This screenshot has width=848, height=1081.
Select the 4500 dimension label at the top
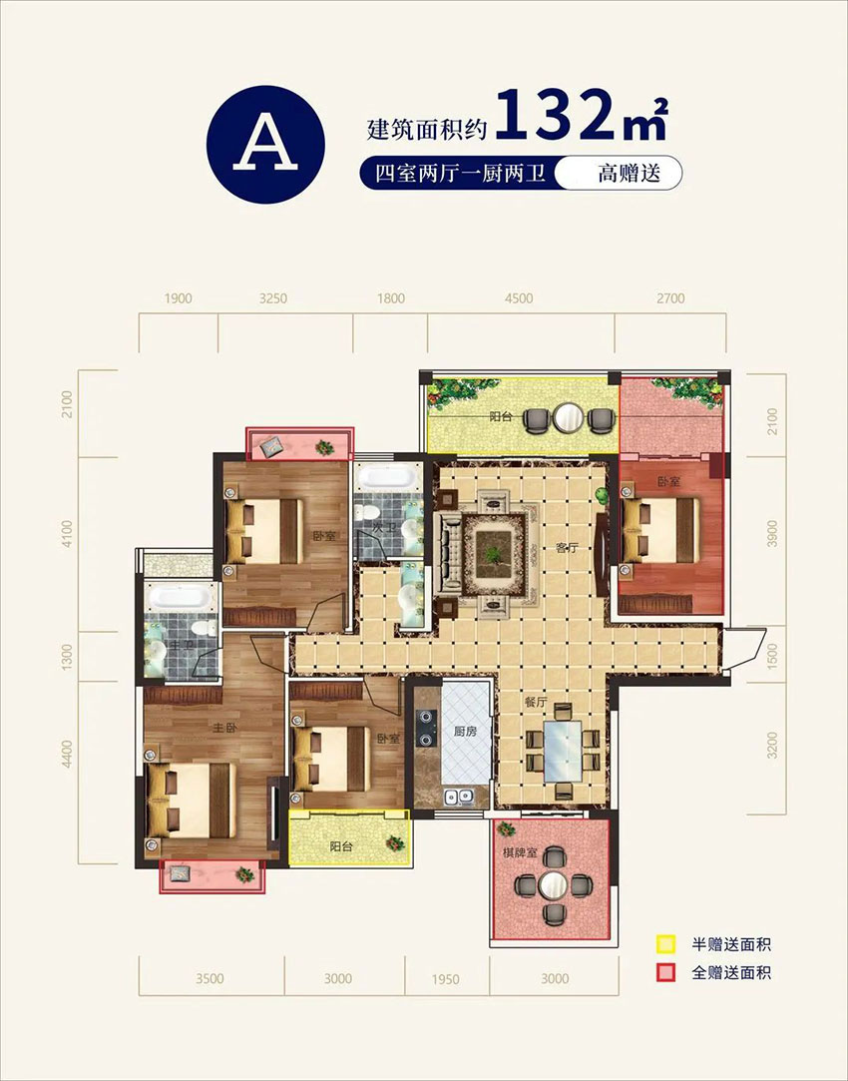tap(519, 297)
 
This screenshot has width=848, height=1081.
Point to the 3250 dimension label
tap(272, 297)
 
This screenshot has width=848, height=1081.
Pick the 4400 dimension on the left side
tap(68, 752)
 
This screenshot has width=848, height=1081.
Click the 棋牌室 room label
tap(521, 854)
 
